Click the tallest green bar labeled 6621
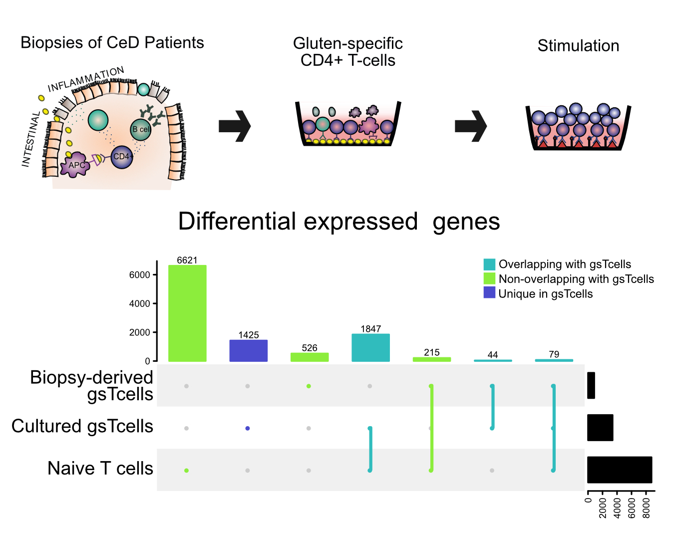(x=187, y=313)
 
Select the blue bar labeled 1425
(x=248, y=350)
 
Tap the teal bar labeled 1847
(x=370, y=347)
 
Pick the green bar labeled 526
(x=310, y=357)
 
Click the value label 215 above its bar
(x=432, y=352)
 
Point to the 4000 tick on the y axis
(x=140, y=303)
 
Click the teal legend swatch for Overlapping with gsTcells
(x=489, y=265)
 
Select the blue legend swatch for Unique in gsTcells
(x=489, y=293)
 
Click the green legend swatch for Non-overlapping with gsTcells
(x=489, y=278)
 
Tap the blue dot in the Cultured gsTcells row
(x=248, y=428)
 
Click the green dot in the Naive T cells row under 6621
(x=186, y=470)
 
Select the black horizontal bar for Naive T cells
(x=620, y=470)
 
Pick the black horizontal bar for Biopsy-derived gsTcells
(x=591, y=385)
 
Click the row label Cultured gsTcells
(x=82, y=426)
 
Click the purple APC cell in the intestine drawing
(x=75, y=165)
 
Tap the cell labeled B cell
(x=141, y=129)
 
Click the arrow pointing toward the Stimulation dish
(x=470, y=126)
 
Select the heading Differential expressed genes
(x=339, y=221)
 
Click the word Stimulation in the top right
(x=578, y=46)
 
